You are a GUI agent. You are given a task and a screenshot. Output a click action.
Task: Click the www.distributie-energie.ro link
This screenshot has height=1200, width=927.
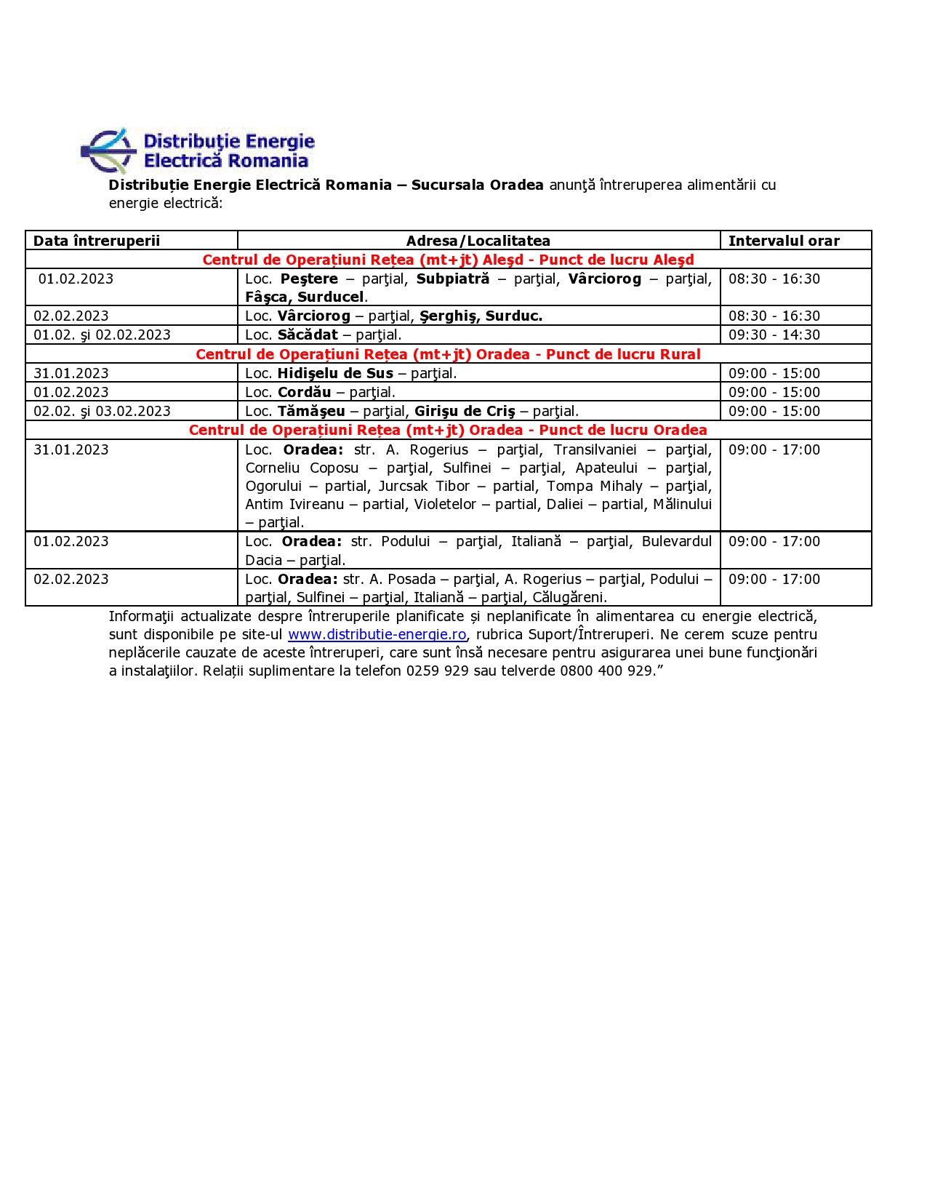tap(377, 634)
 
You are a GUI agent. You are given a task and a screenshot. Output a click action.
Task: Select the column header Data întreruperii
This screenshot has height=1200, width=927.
tap(97, 241)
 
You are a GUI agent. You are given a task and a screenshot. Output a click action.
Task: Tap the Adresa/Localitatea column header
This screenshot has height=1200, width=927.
tap(478, 241)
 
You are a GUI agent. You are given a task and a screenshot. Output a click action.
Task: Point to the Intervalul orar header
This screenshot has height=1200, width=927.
tap(784, 241)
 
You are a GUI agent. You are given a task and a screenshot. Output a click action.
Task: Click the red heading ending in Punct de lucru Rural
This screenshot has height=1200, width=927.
tap(448, 354)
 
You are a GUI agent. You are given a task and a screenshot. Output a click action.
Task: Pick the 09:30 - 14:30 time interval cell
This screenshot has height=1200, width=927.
tap(774, 335)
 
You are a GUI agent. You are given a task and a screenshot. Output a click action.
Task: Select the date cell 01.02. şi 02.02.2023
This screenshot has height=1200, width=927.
tap(102, 335)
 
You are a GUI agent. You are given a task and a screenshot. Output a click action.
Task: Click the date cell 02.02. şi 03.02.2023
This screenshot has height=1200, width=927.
tap(102, 411)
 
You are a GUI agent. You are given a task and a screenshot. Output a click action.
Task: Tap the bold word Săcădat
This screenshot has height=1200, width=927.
tap(308, 335)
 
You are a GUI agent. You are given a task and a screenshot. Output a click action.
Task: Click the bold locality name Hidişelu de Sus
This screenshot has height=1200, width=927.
tap(335, 373)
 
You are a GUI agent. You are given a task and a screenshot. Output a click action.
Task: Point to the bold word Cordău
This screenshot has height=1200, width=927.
tap(304, 392)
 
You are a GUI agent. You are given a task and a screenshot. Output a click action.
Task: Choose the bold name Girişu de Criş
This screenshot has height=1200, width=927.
tap(464, 411)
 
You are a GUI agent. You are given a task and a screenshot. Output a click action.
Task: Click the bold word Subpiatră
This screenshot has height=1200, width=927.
tap(452, 279)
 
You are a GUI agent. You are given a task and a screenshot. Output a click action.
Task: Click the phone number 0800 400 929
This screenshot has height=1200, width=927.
tap(606, 671)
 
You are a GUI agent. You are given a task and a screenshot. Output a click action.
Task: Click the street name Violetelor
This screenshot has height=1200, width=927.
tap(445, 504)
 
